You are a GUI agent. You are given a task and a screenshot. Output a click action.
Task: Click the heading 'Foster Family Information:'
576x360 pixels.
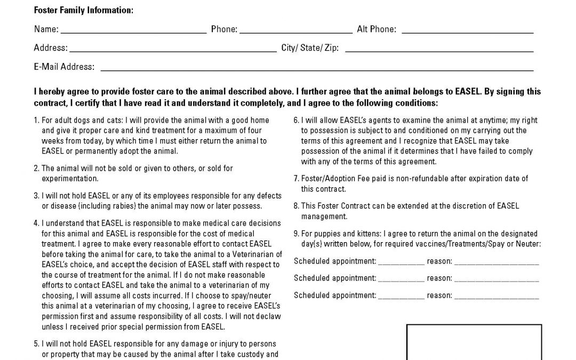coord(83,10)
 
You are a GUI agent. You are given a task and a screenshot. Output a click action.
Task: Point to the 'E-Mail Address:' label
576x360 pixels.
coord(64,67)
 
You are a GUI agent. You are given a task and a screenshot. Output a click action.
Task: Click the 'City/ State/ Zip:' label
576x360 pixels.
coord(310,48)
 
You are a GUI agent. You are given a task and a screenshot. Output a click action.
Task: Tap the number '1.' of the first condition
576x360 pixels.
coord(36,121)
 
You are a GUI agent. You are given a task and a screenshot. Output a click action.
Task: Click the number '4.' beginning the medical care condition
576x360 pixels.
coord(36,223)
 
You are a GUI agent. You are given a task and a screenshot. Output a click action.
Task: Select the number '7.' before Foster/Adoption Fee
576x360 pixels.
coord(297,179)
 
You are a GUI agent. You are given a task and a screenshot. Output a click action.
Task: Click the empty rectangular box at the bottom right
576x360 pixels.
coord(474,341)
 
